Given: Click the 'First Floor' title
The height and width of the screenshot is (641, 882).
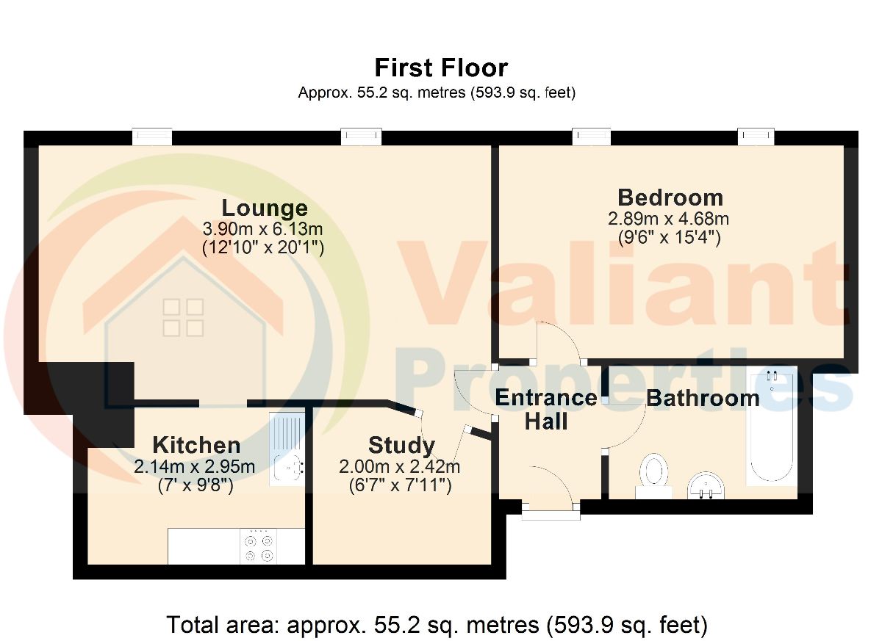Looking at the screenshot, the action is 441,68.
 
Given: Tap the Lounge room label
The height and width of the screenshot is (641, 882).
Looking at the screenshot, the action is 265,208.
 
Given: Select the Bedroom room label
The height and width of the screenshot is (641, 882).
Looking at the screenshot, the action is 670,198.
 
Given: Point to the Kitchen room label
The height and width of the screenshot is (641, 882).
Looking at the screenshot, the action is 196,445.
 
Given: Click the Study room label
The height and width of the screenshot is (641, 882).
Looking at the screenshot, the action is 401,446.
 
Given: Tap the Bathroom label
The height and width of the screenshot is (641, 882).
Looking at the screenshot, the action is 703,398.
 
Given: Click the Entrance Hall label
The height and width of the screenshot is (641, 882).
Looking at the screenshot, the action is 546,410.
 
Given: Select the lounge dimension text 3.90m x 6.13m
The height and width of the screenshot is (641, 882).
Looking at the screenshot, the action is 262,228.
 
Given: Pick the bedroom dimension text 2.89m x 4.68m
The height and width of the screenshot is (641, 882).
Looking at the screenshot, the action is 668,219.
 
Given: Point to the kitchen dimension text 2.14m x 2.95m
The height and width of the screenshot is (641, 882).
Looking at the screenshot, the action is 195,467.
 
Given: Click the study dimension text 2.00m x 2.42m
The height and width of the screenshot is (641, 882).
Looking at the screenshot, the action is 399,467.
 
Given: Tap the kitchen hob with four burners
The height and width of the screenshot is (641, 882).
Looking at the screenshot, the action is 258,546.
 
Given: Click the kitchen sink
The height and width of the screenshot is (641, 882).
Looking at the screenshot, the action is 287,449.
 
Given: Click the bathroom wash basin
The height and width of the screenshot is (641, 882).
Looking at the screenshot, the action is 706,485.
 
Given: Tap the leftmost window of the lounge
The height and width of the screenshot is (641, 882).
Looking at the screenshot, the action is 152,137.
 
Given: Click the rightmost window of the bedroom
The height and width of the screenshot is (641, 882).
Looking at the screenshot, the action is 756,137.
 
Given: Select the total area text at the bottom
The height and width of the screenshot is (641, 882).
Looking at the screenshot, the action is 437,625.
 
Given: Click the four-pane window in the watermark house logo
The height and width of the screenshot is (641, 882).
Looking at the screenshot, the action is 184,317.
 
